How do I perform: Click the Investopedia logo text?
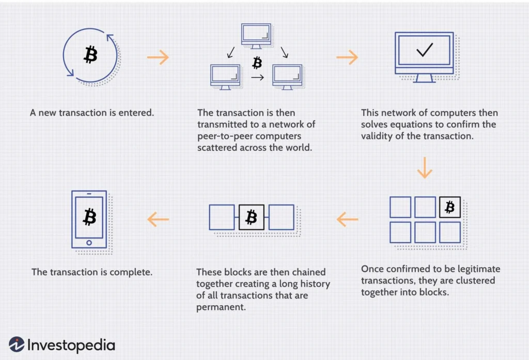coord(71,345)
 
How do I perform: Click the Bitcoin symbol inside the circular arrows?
coord(90,54)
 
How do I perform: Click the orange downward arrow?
coord(425,167)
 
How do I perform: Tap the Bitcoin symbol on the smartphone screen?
coord(90,217)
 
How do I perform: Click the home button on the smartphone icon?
coord(89,243)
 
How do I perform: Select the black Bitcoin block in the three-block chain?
coord(252,217)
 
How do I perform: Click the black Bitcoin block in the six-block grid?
coord(449,207)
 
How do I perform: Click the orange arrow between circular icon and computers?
coord(158,57)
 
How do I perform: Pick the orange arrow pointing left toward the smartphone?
coord(158,220)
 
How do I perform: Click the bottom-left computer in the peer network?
coord(225,75)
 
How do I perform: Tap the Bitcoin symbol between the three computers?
coord(257,64)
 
